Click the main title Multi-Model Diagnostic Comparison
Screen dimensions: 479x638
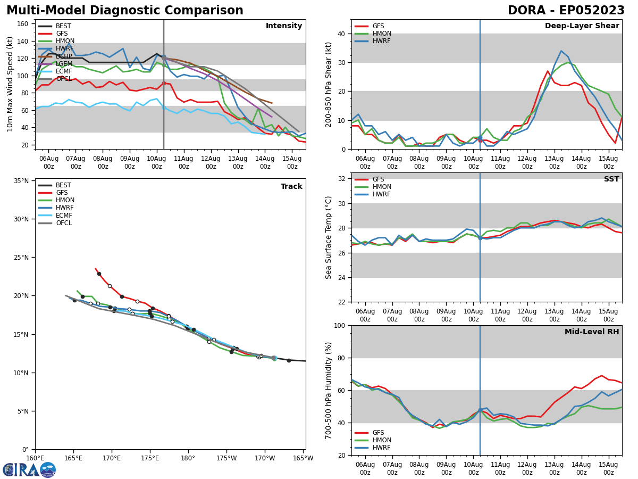[x=125, y=11]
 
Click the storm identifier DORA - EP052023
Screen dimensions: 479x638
[x=566, y=11]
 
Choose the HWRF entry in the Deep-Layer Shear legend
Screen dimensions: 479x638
[x=381, y=41]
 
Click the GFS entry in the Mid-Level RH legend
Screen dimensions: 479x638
[x=378, y=433]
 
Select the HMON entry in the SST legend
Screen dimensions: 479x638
[x=382, y=187]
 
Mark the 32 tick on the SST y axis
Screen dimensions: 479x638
[x=342, y=179]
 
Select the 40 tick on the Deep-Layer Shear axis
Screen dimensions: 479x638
[x=342, y=34]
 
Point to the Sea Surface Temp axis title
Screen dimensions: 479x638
[x=329, y=237]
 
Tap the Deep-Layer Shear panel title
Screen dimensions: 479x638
[x=582, y=26]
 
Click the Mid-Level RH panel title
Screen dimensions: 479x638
[x=591, y=332]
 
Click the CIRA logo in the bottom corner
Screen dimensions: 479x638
[x=29, y=469]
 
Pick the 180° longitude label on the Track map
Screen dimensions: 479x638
[x=188, y=458]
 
